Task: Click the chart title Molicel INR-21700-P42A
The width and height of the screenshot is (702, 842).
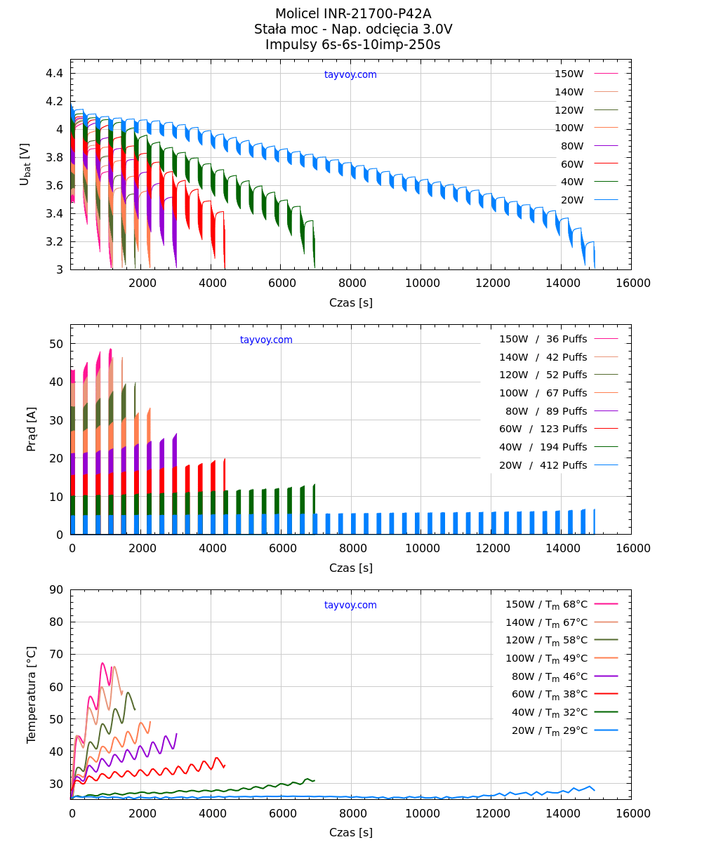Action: (353, 14)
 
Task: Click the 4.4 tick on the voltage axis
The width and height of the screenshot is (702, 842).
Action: (55, 74)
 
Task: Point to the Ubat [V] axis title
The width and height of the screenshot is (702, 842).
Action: (25, 164)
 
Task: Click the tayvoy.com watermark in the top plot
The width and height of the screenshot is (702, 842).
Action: (350, 75)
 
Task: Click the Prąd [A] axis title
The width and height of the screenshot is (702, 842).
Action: (32, 429)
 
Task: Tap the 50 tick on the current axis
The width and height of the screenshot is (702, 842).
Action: (56, 344)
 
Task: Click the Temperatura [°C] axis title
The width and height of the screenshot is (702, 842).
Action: (32, 695)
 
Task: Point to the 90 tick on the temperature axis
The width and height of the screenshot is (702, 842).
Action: (56, 590)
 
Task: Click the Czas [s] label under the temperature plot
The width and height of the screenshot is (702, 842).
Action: (350, 833)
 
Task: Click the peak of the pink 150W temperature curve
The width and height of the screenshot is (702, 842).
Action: (102, 663)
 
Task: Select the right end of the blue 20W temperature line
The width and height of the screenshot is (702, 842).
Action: (595, 791)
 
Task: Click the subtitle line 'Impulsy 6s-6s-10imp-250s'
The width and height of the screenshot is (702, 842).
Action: (353, 45)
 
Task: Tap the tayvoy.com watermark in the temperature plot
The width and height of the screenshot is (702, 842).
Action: (350, 605)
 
